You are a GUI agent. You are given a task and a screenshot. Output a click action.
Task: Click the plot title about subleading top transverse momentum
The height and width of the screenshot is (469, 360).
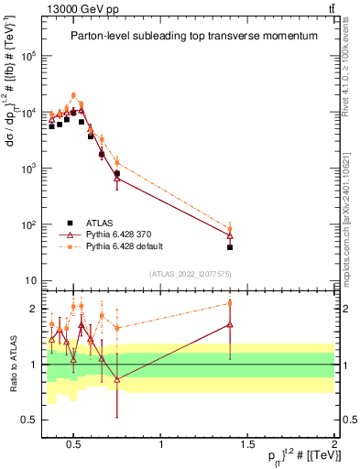(194, 36)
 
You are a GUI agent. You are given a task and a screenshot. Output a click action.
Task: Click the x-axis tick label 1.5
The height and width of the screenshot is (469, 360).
(247, 444)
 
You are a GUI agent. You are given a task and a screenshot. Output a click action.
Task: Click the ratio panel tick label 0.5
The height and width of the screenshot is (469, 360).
(27, 420)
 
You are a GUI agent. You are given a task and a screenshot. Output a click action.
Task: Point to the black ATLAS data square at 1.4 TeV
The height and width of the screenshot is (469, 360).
(230, 247)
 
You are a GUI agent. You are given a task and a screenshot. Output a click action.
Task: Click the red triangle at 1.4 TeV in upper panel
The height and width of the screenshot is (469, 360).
(230, 236)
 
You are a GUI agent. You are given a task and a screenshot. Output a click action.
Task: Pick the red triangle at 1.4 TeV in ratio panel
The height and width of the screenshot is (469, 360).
(230, 324)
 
